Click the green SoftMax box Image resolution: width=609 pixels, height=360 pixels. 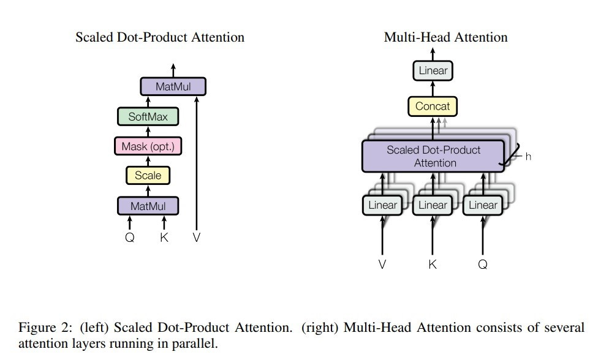(x=148, y=116)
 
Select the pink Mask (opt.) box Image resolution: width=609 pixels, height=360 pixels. (x=148, y=146)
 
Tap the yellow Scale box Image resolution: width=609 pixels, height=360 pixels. (x=148, y=175)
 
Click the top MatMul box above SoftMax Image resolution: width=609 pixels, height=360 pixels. (x=173, y=86)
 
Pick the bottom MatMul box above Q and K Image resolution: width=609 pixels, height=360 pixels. (x=148, y=206)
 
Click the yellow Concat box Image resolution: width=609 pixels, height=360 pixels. (x=433, y=107)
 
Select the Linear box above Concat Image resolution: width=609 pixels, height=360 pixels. (x=433, y=70)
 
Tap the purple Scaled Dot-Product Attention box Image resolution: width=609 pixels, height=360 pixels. (x=433, y=156)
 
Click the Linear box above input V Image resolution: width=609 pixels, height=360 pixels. (x=382, y=205)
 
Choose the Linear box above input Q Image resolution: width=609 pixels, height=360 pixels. (x=483, y=205)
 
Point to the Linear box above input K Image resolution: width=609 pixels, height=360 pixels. (x=433, y=205)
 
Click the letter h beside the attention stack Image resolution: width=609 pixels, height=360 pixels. (x=528, y=156)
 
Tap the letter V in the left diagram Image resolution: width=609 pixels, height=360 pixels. (x=197, y=238)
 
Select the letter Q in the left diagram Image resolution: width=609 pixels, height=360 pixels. (x=130, y=238)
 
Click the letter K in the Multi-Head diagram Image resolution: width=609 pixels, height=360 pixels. (x=433, y=264)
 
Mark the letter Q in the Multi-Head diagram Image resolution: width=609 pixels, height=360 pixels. (x=483, y=264)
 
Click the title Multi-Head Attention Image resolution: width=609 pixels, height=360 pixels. (x=446, y=37)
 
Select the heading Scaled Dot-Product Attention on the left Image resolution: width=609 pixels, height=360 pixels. (x=160, y=37)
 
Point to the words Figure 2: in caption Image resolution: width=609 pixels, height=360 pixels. (x=45, y=328)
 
